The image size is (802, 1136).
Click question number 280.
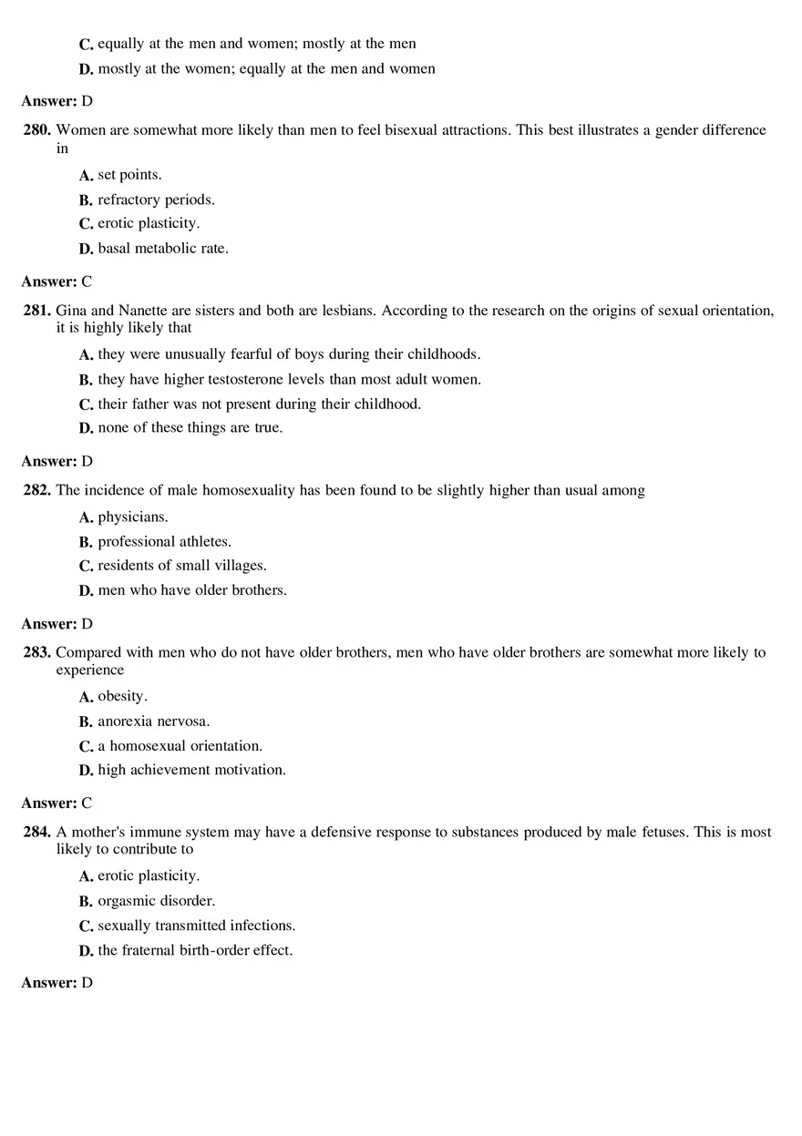pyautogui.click(x=37, y=130)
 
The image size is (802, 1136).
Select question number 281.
pyautogui.click(x=37, y=311)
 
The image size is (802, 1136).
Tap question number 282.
pyautogui.click(x=37, y=490)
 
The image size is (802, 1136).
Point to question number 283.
pyautogui.click(x=37, y=652)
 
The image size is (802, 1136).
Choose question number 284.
pyautogui.click(x=37, y=832)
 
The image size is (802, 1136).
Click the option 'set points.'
pyautogui.click(x=129, y=175)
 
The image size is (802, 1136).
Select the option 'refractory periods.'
pyautogui.click(x=156, y=200)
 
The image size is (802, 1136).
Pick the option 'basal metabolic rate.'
pyautogui.click(x=162, y=248)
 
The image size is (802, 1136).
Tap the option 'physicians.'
pyautogui.click(x=133, y=517)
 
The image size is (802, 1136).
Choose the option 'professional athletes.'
pyautogui.click(x=164, y=542)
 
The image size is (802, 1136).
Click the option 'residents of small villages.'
pyautogui.click(x=181, y=566)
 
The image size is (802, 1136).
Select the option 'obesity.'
pyautogui.click(x=122, y=697)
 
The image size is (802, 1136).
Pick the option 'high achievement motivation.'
pyautogui.click(x=191, y=770)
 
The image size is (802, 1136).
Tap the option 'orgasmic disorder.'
pyautogui.click(x=156, y=901)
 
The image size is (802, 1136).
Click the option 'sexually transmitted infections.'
pyautogui.click(x=196, y=926)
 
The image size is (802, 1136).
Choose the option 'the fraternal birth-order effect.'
pyautogui.click(x=195, y=950)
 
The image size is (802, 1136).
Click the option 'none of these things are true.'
pyautogui.click(x=190, y=427)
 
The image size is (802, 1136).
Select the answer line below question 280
pyautogui.click(x=57, y=281)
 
